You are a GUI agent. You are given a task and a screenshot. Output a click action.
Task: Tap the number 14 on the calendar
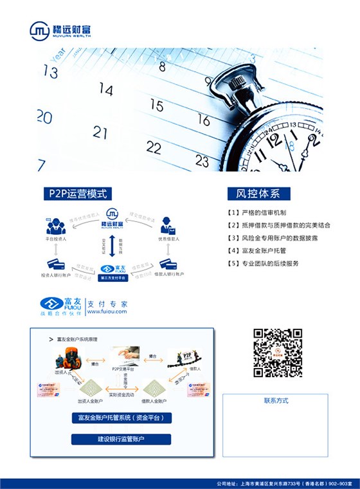(106, 89)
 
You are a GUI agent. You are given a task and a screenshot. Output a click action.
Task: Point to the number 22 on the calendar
(153, 147)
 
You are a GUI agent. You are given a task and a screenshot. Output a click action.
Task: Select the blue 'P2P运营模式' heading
(77, 193)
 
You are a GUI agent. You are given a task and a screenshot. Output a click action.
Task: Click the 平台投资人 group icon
(57, 226)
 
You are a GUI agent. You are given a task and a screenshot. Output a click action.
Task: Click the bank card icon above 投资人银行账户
(57, 264)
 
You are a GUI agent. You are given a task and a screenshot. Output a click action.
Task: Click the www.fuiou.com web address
(107, 311)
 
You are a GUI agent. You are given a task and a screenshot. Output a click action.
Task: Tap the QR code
(277, 353)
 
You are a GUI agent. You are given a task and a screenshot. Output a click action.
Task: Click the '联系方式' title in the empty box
(276, 401)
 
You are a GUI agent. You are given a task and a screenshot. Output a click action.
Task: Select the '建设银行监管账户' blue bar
(121, 439)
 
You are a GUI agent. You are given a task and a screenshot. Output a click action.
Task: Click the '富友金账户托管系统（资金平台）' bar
(121, 418)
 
